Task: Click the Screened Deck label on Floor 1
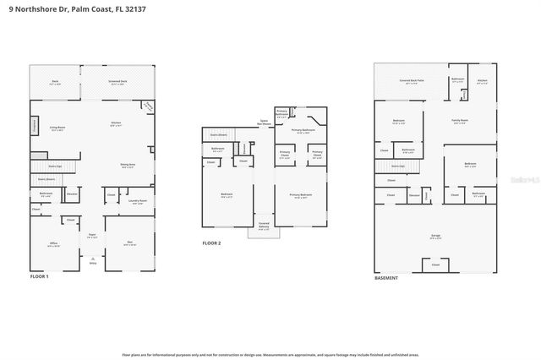click(117, 83)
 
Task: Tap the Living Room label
click(57, 129)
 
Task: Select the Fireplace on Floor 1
click(35, 125)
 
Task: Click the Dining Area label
click(128, 166)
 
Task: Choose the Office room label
click(52, 243)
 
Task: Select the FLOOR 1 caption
click(40, 276)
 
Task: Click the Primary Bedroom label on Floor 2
click(300, 196)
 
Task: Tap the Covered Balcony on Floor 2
click(263, 226)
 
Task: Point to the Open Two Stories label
click(264, 121)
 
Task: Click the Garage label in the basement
click(434, 237)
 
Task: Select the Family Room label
click(460, 121)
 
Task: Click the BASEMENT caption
click(387, 276)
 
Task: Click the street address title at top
click(65, 9)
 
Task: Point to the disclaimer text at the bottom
click(270, 354)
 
